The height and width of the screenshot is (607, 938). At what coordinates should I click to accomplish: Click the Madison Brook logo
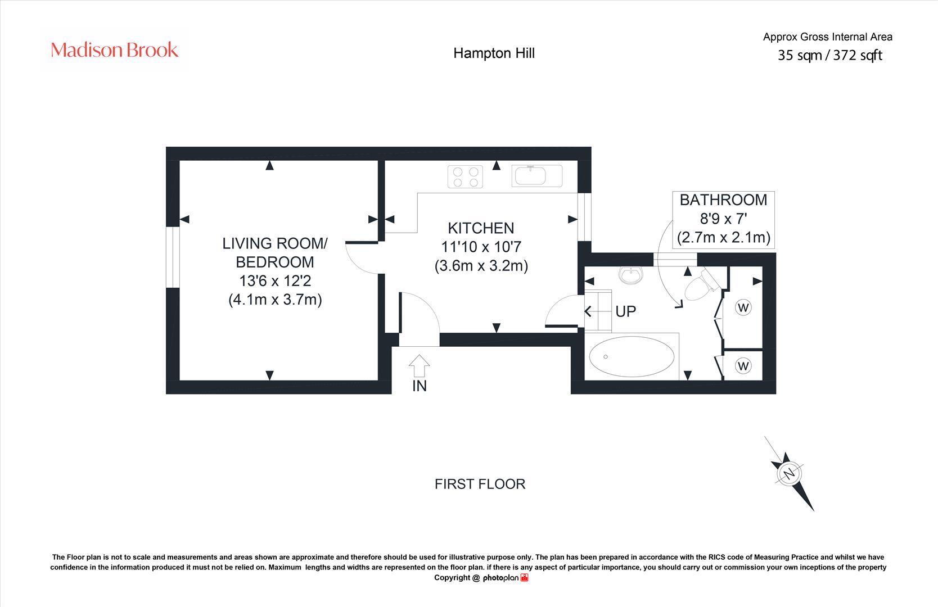click(x=115, y=50)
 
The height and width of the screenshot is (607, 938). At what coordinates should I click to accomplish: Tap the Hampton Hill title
click(x=494, y=53)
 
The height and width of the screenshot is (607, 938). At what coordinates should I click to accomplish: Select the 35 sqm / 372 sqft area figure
click(x=829, y=55)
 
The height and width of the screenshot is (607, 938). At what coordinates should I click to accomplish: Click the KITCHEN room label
click(x=481, y=228)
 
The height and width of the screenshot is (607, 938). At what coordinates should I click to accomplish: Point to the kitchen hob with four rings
click(x=465, y=176)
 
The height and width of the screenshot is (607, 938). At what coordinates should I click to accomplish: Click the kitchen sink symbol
click(x=536, y=175)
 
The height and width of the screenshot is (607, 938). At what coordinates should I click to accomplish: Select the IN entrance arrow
click(x=419, y=366)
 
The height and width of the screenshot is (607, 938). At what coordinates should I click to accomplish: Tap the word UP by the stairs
click(x=625, y=311)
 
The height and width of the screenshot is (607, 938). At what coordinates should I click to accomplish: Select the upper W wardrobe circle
click(x=743, y=307)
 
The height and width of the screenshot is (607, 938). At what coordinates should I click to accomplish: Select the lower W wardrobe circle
click(x=743, y=366)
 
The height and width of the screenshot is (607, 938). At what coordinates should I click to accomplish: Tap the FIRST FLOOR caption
click(x=480, y=484)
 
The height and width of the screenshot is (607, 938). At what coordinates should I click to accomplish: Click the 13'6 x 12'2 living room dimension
click(x=275, y=280)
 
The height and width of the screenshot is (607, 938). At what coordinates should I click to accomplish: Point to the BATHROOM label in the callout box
click(x=723, y=200)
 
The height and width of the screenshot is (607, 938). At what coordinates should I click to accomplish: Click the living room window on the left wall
click(x=172, y=257)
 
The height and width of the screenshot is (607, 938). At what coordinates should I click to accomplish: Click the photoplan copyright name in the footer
click(x=500, y=578)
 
